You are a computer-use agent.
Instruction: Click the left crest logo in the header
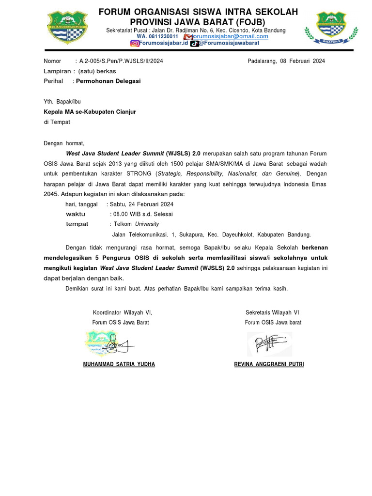click(67, 27)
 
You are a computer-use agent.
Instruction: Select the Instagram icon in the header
click(134, 43)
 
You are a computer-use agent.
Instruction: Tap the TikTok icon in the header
click(194, 43)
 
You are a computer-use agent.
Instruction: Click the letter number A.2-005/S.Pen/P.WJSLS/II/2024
click(125, 61)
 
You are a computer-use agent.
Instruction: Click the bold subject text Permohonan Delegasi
click(108, 81)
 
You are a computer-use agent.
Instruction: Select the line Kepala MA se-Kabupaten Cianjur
click(90, 112)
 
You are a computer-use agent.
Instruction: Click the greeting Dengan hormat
click(64, 143)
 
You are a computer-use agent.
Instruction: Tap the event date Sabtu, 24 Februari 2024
click(142, 204)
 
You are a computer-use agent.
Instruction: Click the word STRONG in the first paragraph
click(139, 173)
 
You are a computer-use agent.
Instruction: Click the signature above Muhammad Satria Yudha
click(110, 344)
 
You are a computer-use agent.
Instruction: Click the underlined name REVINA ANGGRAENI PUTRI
click(269, 364)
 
